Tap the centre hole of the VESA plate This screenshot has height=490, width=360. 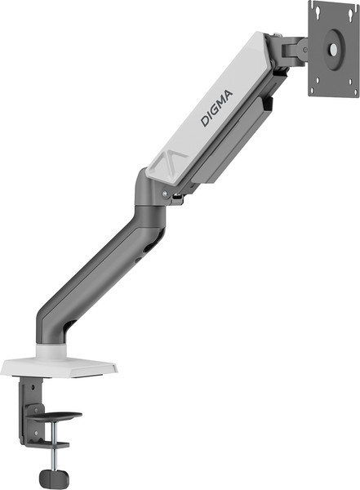click(332, 48)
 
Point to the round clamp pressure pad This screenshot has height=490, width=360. click(60, 420)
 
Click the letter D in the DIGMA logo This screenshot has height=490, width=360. click(205, 122)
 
